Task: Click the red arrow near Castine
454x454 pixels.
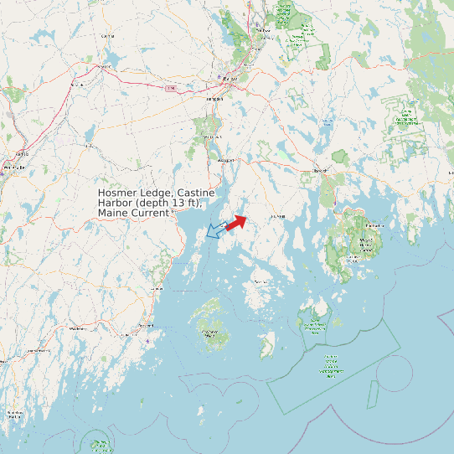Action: pos(235,222)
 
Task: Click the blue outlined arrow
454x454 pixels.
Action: pos(214,230)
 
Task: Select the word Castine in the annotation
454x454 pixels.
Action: pos(195,193)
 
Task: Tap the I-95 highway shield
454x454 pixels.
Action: pos(171,87)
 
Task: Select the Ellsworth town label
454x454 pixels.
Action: pos(318,170)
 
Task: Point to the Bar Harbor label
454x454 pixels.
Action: pos(374,225)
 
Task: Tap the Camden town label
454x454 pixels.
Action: pos(157,288)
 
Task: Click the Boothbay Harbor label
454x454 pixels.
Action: pos(14,413)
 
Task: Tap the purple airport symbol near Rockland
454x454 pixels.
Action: pos(148,340)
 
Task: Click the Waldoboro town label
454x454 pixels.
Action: pos(78,329)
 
